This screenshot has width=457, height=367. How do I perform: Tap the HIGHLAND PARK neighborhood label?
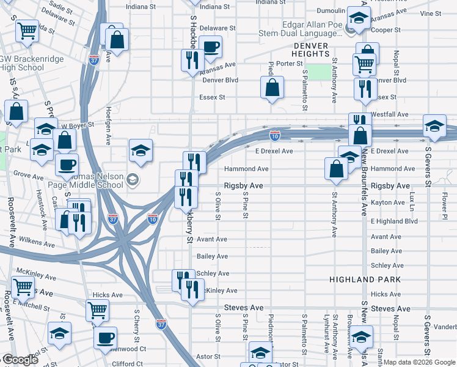tap(356, 279)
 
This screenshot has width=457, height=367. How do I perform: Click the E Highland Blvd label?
tap(394, 221)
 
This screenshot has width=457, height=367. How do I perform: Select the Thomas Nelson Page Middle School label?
tap(98, 179)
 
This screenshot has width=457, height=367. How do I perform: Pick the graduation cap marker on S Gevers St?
tap(434, 126)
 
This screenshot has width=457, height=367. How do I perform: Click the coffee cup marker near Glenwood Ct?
tap(104, 336)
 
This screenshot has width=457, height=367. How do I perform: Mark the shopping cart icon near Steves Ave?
tap(97, 310)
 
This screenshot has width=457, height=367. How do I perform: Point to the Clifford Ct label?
tap(128, 363)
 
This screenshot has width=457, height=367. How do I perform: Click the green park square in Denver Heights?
tap(318, 72)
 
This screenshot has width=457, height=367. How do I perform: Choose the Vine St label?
tap(431, 13)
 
